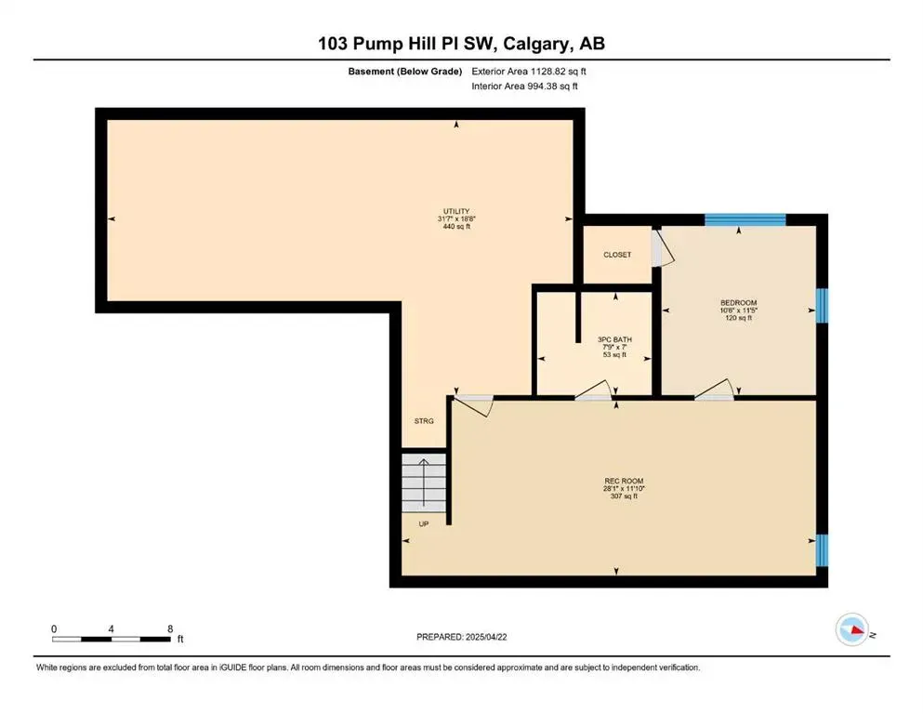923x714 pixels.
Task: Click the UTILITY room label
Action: [455, 211]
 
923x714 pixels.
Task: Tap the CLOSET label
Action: [617, 255]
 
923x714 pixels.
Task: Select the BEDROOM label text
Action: [739, 302]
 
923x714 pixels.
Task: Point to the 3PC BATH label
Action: [614, 339]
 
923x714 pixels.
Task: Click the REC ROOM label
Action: [617, 482]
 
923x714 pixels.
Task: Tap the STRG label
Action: [424, 421]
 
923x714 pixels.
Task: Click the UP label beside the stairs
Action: [424, 523]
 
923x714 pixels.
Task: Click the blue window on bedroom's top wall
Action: [745, 220]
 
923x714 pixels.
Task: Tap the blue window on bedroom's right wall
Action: [822, 305]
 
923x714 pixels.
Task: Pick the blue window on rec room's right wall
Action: [822, 550]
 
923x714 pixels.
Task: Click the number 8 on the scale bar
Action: [169, 629]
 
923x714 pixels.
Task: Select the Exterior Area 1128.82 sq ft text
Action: [529, 71]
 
